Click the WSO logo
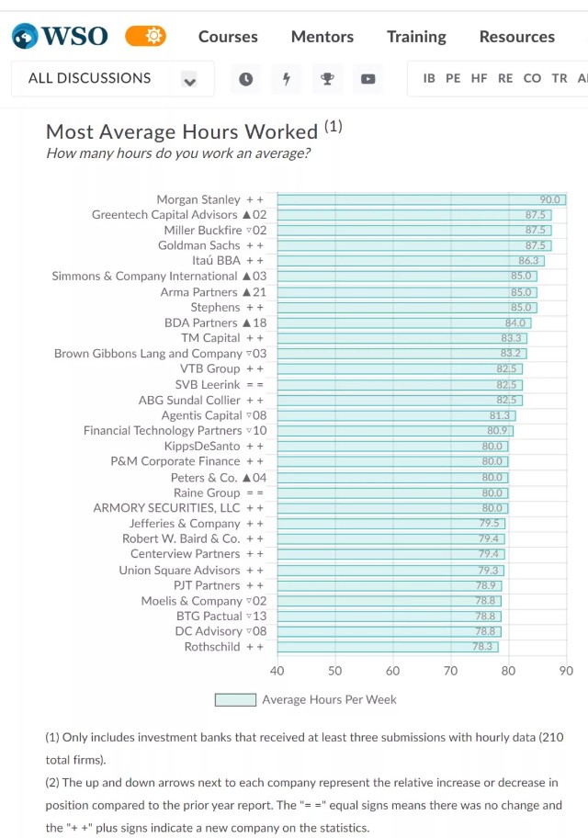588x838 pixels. point(60,37)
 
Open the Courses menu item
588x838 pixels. point(228,37)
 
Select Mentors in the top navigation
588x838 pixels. point(322,37)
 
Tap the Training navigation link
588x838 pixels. point(416,37)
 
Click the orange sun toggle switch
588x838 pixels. point(145,37)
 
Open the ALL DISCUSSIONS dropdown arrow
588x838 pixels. point(189,80)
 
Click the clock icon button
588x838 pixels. point(245,79)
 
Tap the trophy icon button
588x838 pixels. point(327,79)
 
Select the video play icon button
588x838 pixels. point(367,79)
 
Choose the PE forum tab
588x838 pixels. point(453,79)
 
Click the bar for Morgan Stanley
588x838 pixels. point(421,199)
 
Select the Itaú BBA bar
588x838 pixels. point(411,261)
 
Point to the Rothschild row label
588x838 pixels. point(212,647)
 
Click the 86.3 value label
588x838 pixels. point(528,261)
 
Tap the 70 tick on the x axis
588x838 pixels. point(450,672)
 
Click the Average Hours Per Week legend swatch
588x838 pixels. point(235,700)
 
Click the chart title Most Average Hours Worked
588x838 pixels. point(182,132)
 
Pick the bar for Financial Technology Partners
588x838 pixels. point(395,430)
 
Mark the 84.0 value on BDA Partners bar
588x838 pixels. point(515,323)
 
